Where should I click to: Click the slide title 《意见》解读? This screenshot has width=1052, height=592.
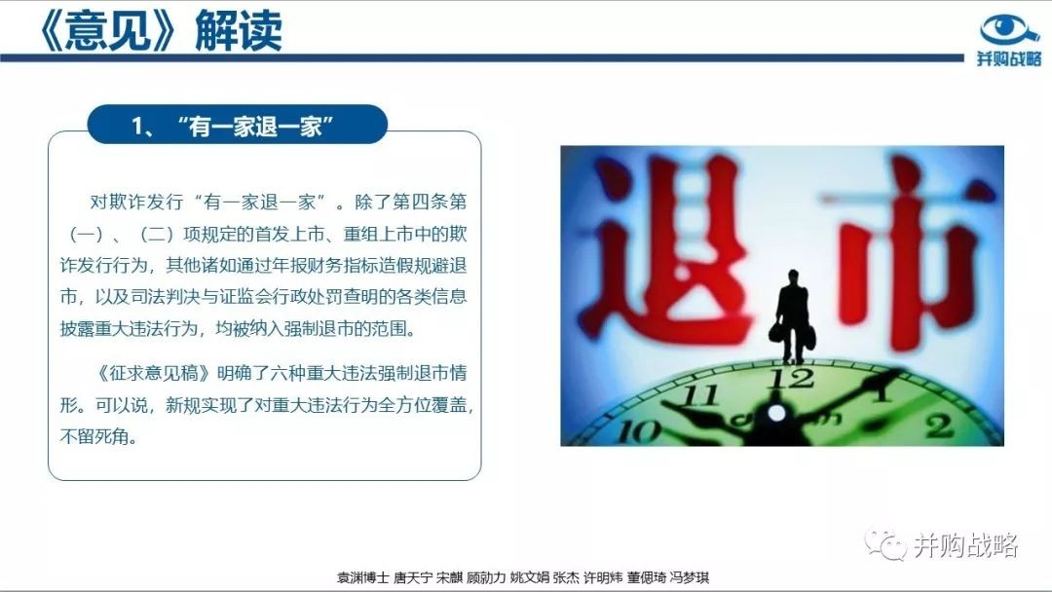pos(161,30)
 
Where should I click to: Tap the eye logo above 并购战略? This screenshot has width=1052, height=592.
pos(1009,31)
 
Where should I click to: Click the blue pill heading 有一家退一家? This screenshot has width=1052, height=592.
pos(238,125)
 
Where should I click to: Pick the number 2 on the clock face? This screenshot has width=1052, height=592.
pos(939,425)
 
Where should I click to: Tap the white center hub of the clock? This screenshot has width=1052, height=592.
pos(775,413)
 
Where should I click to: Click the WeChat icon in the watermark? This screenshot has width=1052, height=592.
pos(885,544)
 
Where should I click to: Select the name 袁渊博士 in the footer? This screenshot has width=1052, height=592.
pos(362,577)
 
